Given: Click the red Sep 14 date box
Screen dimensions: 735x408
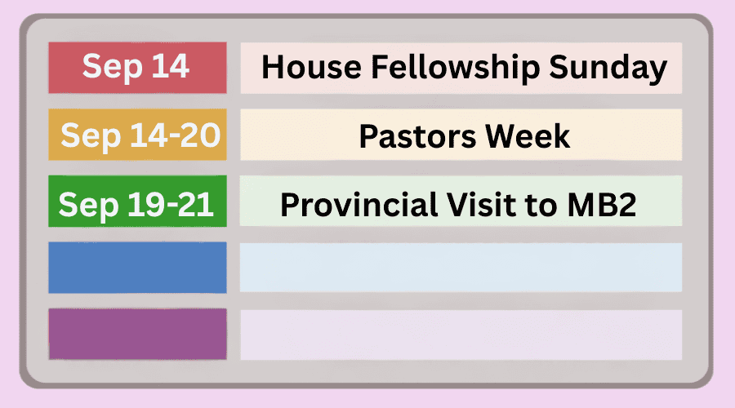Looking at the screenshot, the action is [137, 68].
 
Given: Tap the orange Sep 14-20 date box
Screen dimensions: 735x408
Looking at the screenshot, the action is [137, 135].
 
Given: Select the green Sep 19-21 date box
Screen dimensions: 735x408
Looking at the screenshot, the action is [137, 201].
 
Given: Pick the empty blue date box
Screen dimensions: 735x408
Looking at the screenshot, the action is [137, 268].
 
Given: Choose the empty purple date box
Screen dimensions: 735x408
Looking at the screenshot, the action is [137, 334].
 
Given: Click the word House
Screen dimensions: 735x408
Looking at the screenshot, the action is [311, 67].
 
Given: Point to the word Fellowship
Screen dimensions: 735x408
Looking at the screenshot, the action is [455, 69].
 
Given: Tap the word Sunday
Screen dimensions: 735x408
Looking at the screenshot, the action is [608, 69].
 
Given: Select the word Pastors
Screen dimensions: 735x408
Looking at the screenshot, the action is [417, 136].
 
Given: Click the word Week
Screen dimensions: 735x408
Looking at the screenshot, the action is [528, 136].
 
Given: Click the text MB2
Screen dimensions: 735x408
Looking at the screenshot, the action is [602, 204].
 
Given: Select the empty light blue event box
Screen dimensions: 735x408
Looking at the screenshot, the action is [461, 268].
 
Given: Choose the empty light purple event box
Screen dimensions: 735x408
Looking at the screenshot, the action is [461, 335].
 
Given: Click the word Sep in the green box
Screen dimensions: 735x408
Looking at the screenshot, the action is [88, 206].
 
